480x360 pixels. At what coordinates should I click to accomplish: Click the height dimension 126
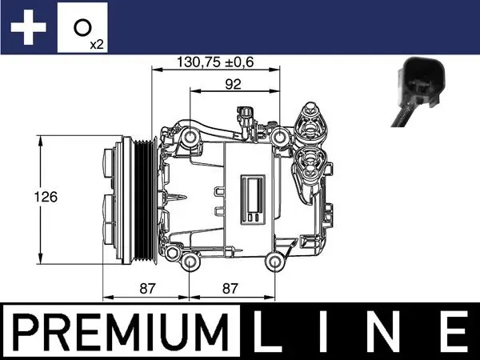pyautogui.click(x=49, y=196)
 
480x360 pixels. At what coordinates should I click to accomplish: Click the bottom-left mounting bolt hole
pyautogui.click(x=190, y=262)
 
